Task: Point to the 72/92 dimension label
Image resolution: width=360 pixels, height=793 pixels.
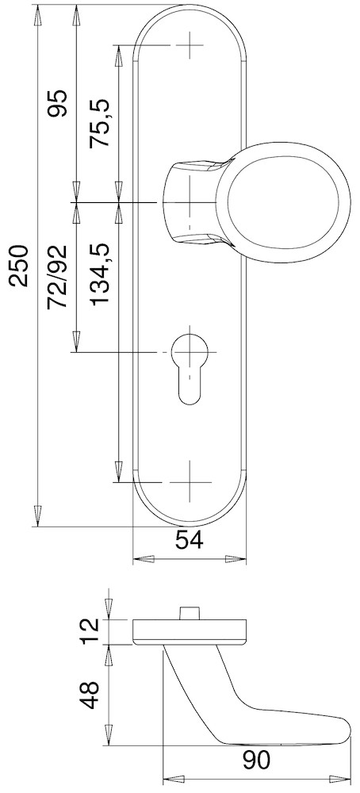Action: click(x=58, y=277)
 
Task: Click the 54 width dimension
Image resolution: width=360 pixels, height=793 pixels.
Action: click(x=189, y=540)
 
